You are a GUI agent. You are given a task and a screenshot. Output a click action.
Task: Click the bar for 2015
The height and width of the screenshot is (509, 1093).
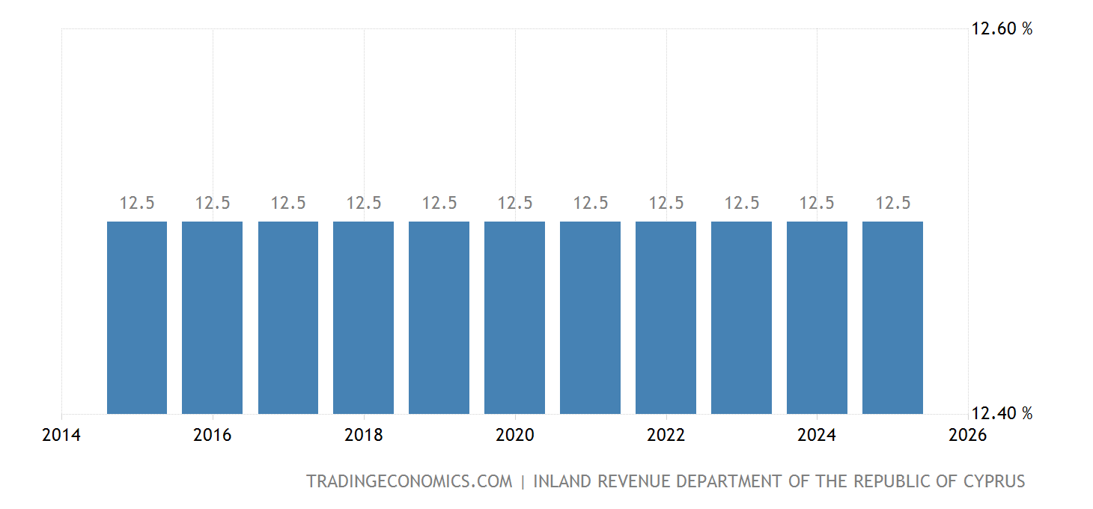click(x=137, y=317)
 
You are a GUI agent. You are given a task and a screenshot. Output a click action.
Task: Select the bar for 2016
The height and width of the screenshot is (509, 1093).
click(x=213, y=317)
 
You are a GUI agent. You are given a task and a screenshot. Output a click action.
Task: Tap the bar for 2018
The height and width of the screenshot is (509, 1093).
click(x=363, y=317)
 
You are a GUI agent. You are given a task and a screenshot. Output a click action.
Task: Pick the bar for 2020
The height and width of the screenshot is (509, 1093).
click(x=514, y=317)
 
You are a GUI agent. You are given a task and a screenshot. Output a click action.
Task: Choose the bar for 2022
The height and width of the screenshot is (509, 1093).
click(x=666, y=317)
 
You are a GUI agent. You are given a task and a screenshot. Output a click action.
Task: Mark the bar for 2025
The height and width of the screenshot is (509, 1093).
click(x=892, y=317)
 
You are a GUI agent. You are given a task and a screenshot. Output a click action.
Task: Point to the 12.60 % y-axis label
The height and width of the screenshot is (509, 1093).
click(x=1002, y=29)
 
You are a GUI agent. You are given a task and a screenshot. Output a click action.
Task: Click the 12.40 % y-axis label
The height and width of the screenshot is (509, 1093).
click(x=1002, y=413)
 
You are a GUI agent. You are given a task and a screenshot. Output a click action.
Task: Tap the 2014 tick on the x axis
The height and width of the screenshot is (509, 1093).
click(x=61, y=435)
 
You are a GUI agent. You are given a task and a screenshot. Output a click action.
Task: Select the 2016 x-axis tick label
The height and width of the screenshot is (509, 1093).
click(x=213, y=435)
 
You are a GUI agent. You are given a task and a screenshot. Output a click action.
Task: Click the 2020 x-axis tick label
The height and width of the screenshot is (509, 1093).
click(x=514, y=435)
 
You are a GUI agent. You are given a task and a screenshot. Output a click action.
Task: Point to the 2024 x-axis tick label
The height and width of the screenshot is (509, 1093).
click(x=817, y=435)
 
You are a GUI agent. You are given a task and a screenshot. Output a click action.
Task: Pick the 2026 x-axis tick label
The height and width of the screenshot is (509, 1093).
click(x=967, y=435)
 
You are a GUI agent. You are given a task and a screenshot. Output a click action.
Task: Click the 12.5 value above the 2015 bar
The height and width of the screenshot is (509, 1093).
click(x=137, y=203)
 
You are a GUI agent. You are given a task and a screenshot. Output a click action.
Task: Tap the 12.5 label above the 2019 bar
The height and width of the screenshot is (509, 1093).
click(x=439, y=203)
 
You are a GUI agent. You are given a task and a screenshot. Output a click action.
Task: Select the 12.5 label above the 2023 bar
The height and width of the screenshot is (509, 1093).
click(x=741, y=203)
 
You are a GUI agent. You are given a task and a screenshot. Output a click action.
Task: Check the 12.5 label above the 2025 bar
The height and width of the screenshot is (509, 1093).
click(x=892, y=203)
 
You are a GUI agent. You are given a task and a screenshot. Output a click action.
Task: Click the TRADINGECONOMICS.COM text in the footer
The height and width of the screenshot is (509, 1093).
click(x=410, y=481)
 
